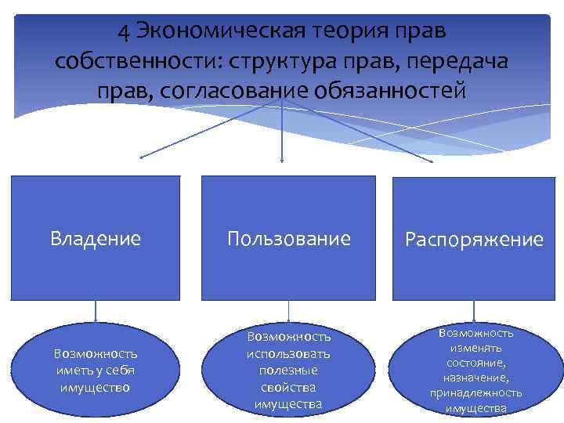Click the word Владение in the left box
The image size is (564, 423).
(96, 238)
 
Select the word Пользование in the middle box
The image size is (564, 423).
(289, 238)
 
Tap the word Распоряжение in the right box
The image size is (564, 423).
(474, 240)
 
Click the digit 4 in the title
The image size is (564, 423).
(124, 32)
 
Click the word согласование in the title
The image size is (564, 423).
(230, 90)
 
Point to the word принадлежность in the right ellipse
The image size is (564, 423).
(475, 393)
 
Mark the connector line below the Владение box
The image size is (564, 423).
(96, 311)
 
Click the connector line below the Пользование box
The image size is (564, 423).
(289, 311)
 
